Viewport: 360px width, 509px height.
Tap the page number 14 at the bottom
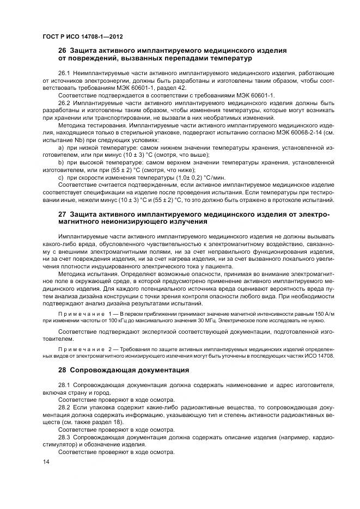[x=45, y=462]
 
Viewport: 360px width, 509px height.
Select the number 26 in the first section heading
[x=63, y=51]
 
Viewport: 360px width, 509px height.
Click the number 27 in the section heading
[x=63, y=214]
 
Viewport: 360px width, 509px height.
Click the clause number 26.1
[x=64, y=72]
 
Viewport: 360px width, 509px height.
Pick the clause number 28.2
[x=64, y=407]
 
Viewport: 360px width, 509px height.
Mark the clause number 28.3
[x=64, y=437]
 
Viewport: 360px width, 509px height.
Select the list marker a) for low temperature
[x=60, y=148]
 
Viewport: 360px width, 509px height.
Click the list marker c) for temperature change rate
[x=60, y=177]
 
